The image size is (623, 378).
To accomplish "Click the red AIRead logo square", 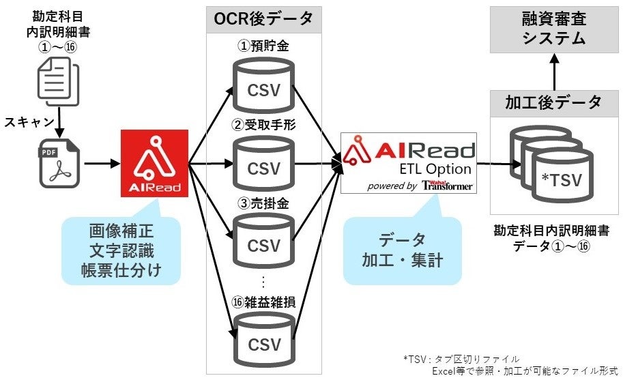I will click(154, 163).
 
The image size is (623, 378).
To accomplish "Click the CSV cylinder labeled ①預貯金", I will click(263, 88).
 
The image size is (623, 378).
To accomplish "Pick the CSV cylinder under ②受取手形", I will click(263, 165).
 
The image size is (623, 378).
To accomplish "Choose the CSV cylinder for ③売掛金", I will click(263, 242).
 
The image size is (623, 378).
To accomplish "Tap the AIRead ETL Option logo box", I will click(409, 164).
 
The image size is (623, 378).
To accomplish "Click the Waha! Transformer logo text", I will click(446, 186).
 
